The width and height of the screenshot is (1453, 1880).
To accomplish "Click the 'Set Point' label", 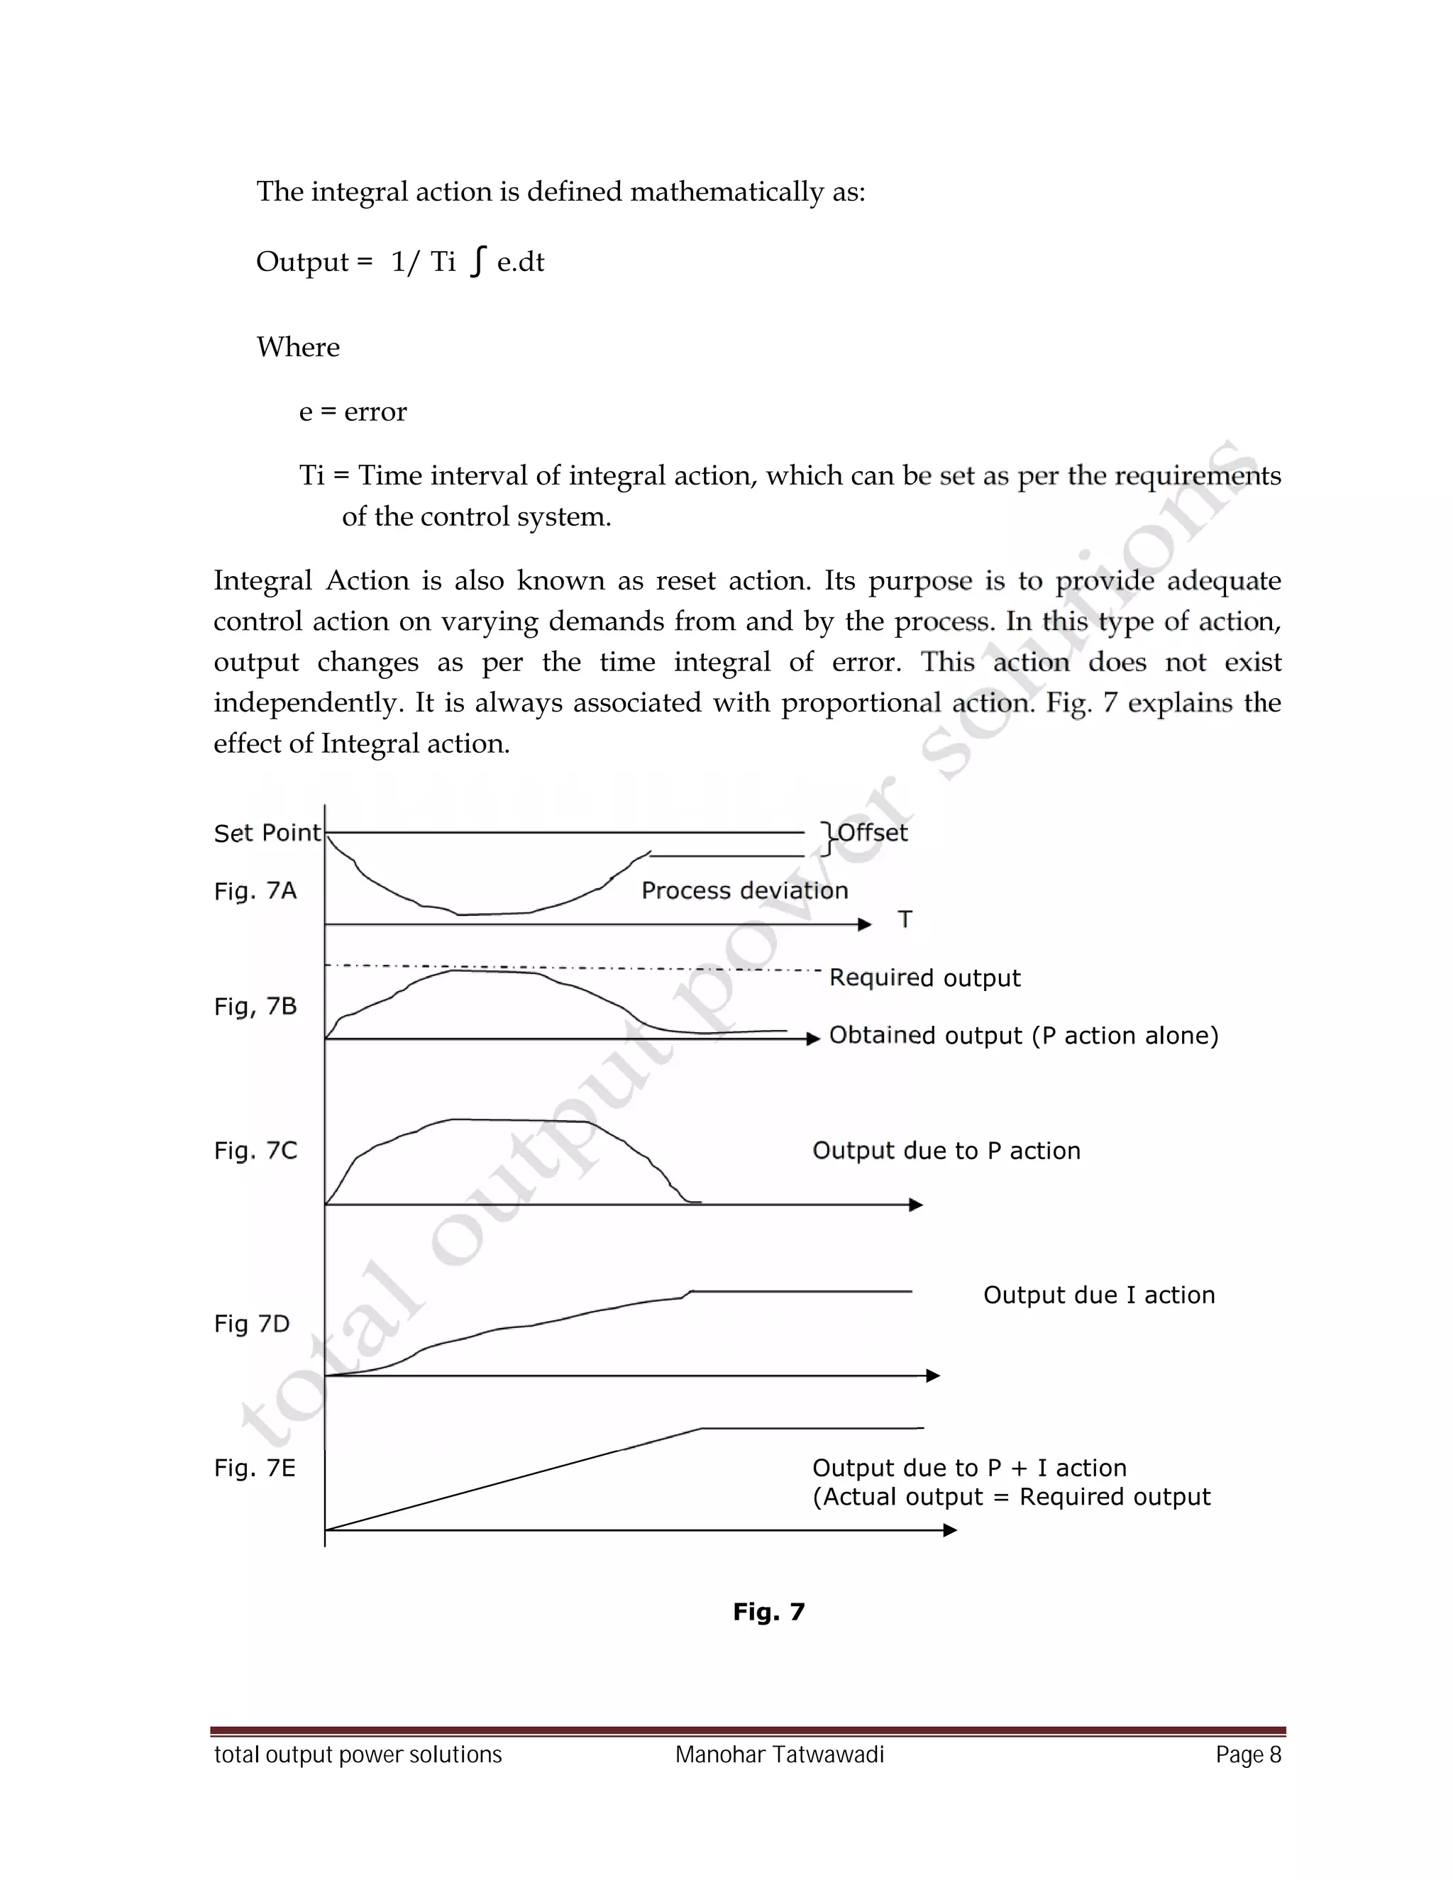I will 267,834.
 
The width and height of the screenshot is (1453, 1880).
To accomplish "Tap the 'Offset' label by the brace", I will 872,832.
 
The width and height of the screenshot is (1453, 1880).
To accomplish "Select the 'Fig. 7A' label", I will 255,891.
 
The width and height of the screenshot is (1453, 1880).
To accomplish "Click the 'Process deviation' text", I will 744,891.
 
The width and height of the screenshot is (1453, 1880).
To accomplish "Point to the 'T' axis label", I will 905,920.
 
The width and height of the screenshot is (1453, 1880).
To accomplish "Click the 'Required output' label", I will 924,978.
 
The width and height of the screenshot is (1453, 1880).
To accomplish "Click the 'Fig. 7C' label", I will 255,1151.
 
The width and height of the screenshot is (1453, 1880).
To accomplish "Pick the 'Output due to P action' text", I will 946,1151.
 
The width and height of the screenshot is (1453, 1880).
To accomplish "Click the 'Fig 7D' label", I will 251,1324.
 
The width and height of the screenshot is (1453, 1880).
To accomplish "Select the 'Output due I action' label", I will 1098,1295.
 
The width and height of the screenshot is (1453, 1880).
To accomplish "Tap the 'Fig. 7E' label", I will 254,1469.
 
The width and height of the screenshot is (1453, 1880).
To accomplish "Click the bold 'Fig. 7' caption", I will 768,1613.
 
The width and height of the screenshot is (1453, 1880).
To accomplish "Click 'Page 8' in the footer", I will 1248,1755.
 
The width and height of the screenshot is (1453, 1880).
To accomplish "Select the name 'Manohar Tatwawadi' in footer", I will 779,1755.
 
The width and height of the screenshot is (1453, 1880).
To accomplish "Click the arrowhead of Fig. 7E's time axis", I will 950,1530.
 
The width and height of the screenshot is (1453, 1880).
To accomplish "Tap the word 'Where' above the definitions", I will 298,347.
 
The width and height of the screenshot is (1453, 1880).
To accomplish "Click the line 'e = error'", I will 352,411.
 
